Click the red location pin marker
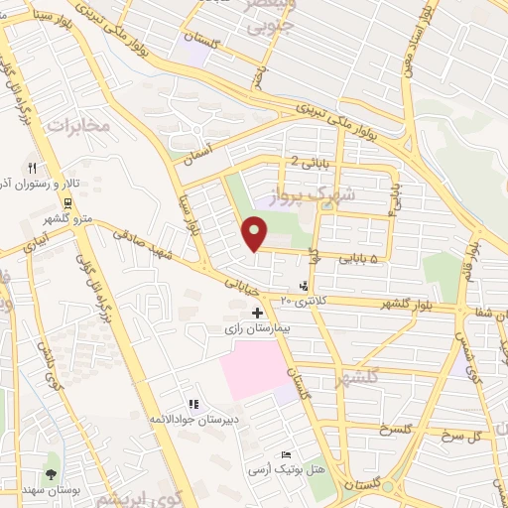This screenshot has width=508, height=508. click(x=256, y=234)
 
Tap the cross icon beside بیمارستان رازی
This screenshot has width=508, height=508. click(x=258, y=314)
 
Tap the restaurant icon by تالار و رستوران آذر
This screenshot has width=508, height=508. click(x=33, y=168)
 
